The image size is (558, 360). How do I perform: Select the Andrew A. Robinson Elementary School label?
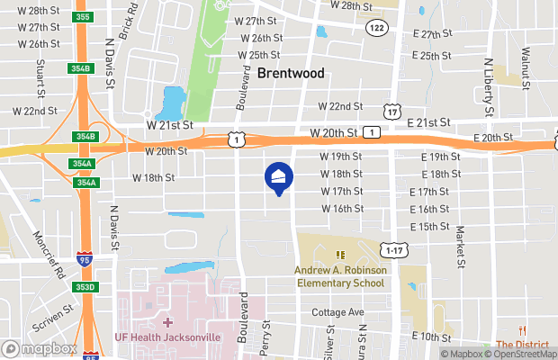[x=340, y=276]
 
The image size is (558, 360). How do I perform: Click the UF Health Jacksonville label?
[x=168, y=337]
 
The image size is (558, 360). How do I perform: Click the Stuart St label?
[x=40, y=80]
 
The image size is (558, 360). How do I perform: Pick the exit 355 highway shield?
[x=84, y=16]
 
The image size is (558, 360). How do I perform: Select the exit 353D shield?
[x=83, y=287]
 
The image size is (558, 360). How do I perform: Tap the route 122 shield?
[x=378, y=28]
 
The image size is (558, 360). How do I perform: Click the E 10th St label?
[x=431, y=336]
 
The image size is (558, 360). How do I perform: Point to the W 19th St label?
[x=341, y=157]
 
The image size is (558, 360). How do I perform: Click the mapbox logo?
[x=39, y=348]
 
